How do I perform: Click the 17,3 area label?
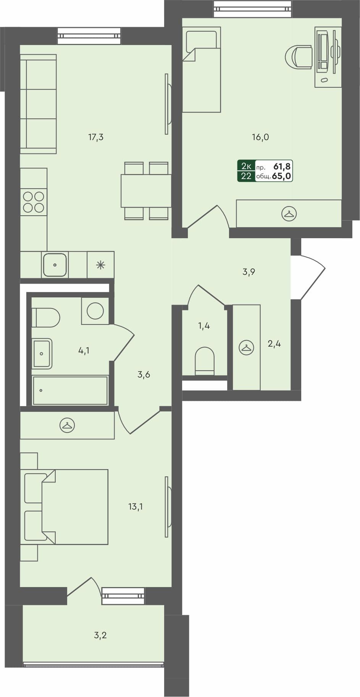(96, 137)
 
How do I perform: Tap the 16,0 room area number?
(260, 137)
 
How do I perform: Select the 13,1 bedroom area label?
(136, 507)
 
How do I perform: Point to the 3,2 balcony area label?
(100, 635)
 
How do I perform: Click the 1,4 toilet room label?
(204, 326)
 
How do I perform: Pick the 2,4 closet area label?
(274, 344)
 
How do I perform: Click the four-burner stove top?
(34, 202)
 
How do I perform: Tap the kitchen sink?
(55, 265)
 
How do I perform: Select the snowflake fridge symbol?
(100, 265)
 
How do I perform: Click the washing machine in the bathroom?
(95, 311)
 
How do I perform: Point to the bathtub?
(70, 390)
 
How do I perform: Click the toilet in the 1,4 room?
(205, 360)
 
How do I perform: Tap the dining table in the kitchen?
(146, 191)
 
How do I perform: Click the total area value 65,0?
(282, 176)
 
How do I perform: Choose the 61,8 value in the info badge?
(282, 166)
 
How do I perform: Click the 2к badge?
(246, 166)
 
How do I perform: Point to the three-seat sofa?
(38, 104)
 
